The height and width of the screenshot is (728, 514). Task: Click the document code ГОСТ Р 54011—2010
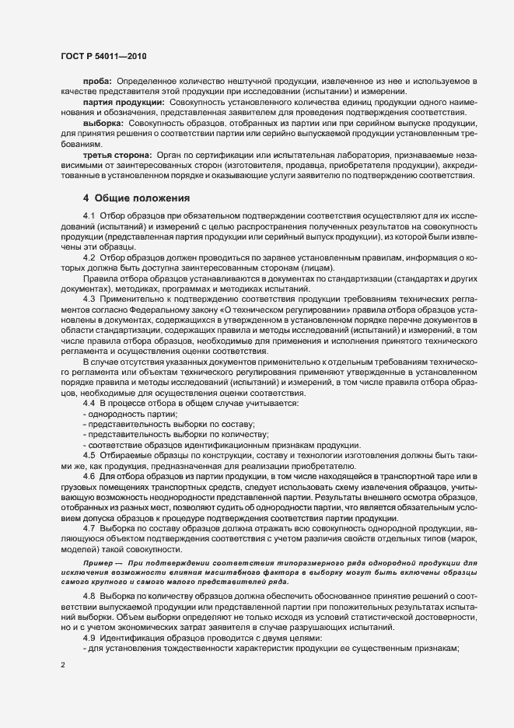point(103,57)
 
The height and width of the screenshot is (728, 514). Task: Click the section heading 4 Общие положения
point(131,198)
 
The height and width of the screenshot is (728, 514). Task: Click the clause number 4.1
point(89,214)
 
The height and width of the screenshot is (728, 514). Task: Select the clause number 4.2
point(89,256)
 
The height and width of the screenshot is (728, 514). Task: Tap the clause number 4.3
point(89,299)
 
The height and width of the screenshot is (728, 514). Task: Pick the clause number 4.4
point(89,403)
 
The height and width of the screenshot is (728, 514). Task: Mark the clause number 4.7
point(89,527)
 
